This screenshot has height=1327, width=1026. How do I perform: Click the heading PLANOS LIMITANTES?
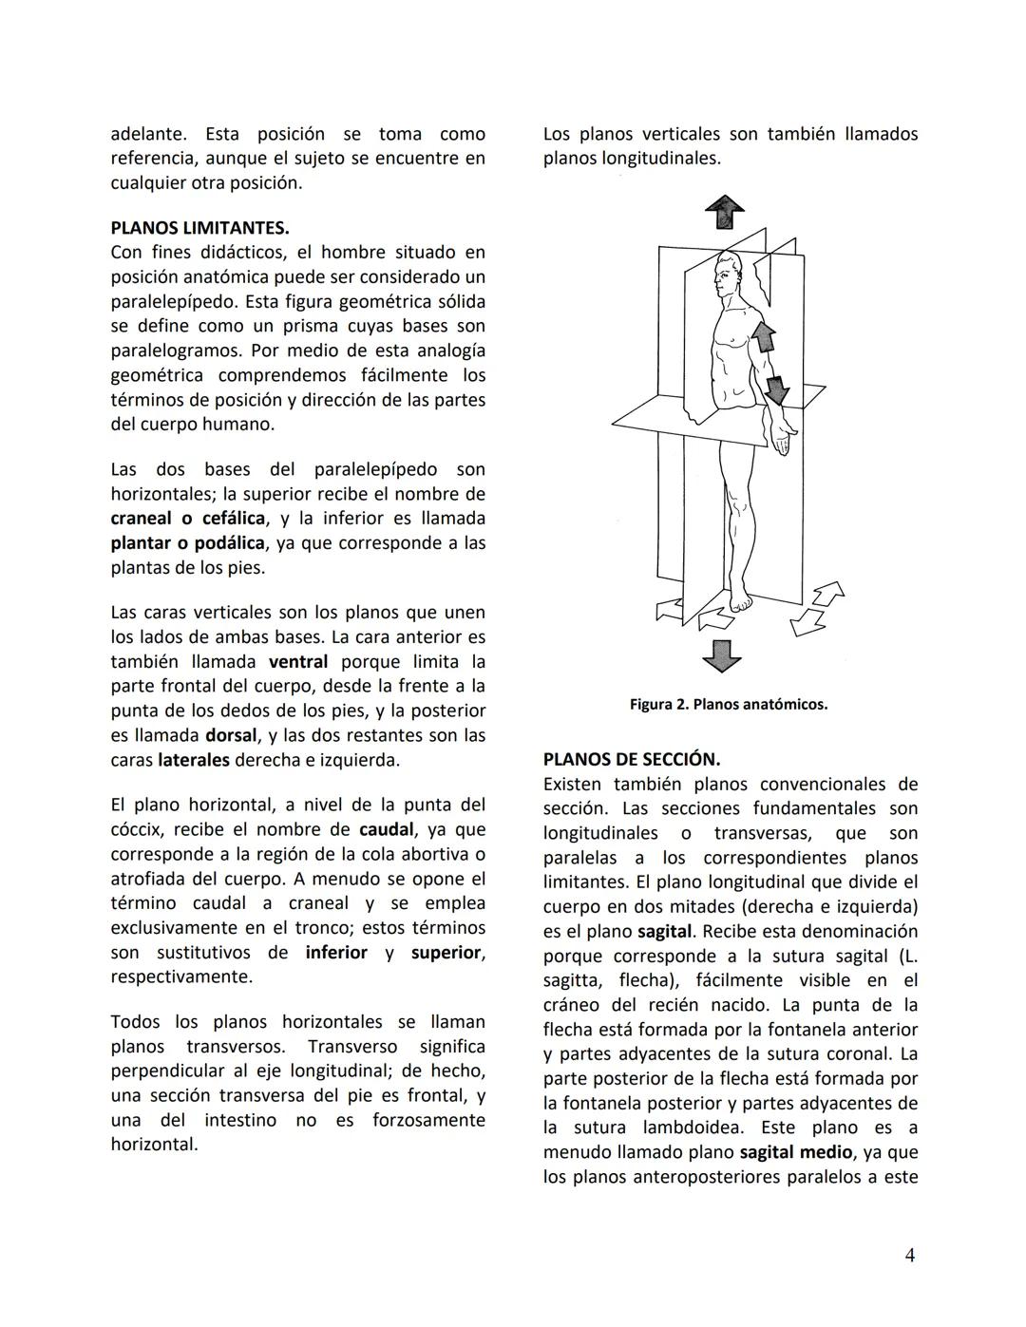pyautogui.click(x=199, y=228)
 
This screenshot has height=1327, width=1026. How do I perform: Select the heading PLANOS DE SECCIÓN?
pyautogui.click(x=631, y=760)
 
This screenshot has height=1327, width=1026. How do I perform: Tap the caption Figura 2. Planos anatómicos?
pyautogui.click(x=728, y=705)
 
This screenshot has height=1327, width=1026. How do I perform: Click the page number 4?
pyautogui.click(x=909, y=1256)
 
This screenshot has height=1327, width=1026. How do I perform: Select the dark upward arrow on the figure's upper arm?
pyautogui.click(x=764, y=338)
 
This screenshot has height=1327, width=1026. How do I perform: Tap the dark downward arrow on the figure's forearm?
pyautogui.click(x=777, y=389)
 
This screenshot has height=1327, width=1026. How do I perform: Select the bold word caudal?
pyautogui.click(x=386, y=829)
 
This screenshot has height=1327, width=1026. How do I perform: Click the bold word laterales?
pyautogui.click(x=194, y=760)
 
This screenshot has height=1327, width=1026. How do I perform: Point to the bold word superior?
pyautogui.click(x=446, y=953)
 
